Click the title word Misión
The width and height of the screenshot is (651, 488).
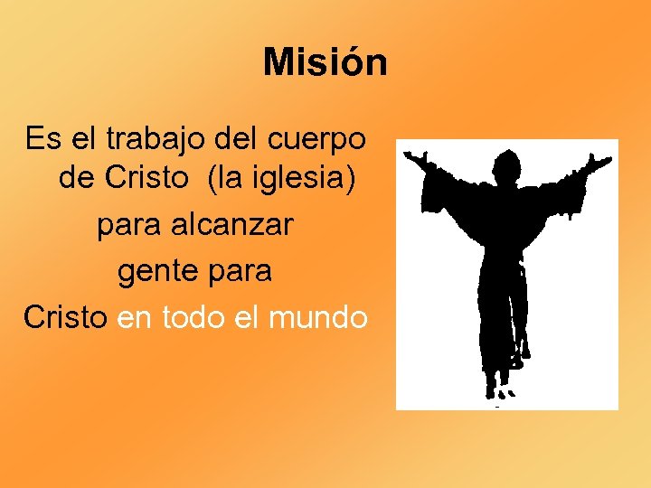325,63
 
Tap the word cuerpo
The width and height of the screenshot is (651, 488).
317,139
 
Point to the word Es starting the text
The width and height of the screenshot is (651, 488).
41,139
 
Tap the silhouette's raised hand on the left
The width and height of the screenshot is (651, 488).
415,160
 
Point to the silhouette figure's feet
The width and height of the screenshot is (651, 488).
500,390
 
